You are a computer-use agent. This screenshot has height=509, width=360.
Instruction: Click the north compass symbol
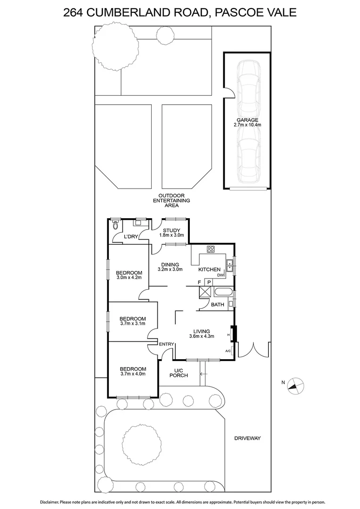(295, 385)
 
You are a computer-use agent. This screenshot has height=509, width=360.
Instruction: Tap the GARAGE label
(247, 120)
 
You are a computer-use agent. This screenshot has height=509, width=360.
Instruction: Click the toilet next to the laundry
(115, 225)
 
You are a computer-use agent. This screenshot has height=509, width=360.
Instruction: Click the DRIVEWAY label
(247, 438)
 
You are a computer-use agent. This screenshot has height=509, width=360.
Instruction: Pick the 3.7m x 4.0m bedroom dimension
(132, 374)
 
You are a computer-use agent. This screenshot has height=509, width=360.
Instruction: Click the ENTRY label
(166, 345)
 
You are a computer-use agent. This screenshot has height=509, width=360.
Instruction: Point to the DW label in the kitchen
(220, 275)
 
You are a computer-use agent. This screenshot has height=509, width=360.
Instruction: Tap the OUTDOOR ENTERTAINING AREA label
(174, 200)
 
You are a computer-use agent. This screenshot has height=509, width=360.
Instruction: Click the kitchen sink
(229, 266)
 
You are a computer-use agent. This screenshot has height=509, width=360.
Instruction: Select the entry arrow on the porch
(203, 375)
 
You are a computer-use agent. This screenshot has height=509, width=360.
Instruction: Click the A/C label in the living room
(228, 351)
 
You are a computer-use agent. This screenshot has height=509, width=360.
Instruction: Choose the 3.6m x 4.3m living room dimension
(202, 337)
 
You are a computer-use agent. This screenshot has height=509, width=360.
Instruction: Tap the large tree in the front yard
(139, 443)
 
